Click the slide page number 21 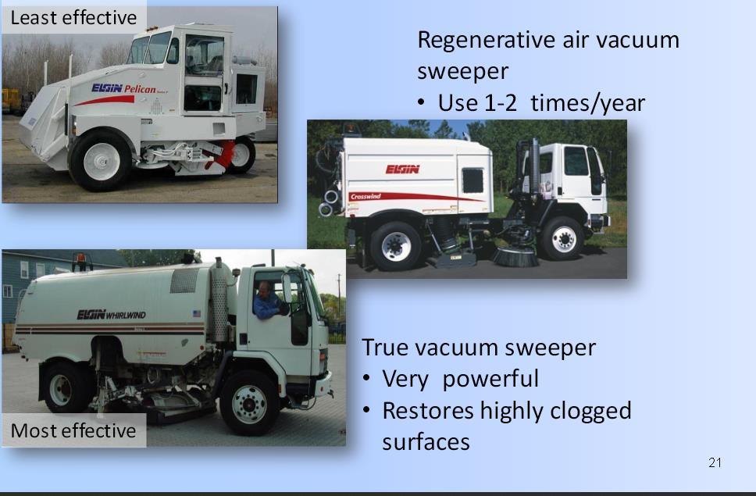click(x=715, y=462)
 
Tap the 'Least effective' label click(x=73, y=18)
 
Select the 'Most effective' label click(x=73, y=430)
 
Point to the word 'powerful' click(x=490, y=379)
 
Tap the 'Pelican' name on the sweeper click(x=140, y=89)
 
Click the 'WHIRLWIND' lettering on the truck click(x=126, y=316)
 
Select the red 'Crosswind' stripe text click(x=366, y=197)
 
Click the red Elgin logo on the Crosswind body click(x=402, y=169)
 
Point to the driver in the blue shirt click(x=266, y=301)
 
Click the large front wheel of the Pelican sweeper click(x=100, y=160)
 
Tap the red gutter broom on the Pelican click(x=220, y=154)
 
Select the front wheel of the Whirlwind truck click(x=249, y=403)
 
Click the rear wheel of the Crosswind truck click(x=396, y=246)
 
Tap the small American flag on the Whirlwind click(x=197, y=313)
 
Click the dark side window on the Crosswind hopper click(x=473, y=180)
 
